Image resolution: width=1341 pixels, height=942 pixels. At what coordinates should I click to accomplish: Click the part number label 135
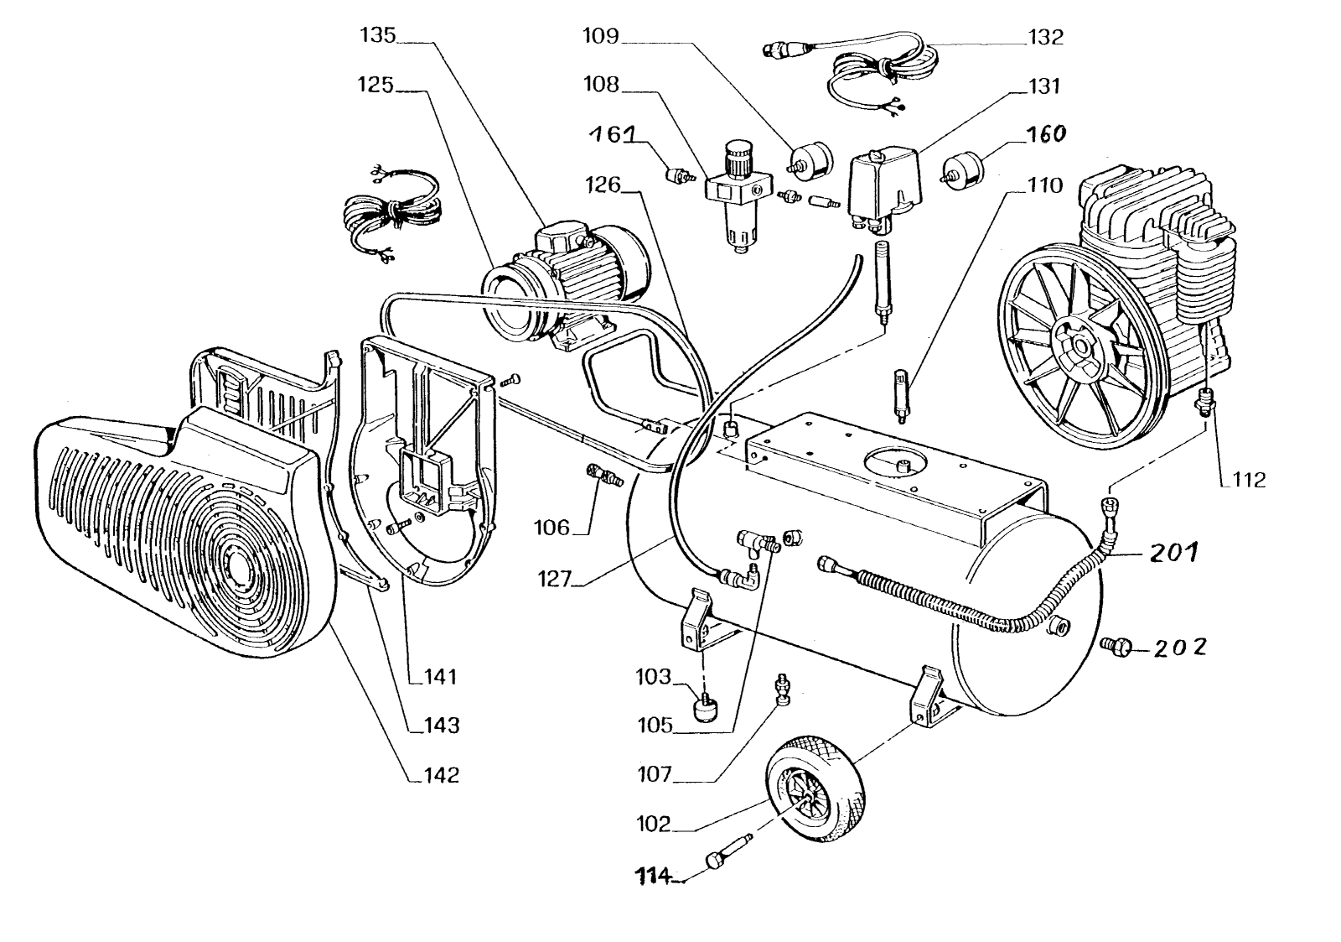click(x=377, y=36)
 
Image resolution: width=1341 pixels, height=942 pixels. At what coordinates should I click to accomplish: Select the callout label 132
click(x=1044, y=37)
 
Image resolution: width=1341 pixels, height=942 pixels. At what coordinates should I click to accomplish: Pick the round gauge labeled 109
click(x=810, y=159)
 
